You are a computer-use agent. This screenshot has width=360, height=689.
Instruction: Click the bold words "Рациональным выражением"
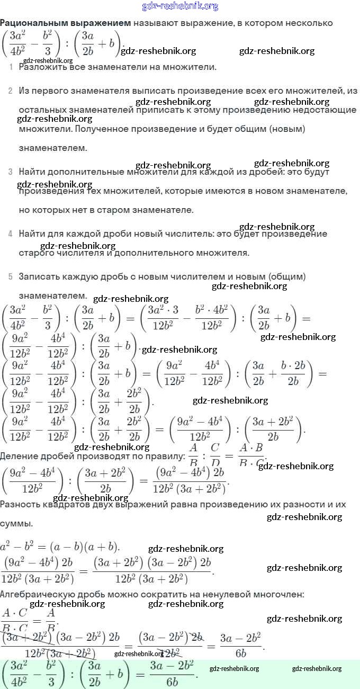(x=65, y=23)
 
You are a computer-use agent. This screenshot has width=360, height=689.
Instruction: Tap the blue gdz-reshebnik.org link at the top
(x=180, y=6)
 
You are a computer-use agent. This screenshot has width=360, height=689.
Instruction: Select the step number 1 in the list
(x=11, y=67)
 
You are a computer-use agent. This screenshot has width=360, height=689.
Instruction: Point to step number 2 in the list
(x=10, y=91)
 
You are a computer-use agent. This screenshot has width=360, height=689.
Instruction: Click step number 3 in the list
(x=10, y=172)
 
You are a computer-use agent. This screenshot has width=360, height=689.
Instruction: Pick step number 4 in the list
(x=10, y=234)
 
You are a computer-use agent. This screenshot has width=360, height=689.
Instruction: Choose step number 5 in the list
(x=10, y=276)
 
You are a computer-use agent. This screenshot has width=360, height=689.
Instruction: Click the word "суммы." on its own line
(x=16, y=524)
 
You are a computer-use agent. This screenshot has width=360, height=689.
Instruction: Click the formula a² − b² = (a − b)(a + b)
(x=60, y=547)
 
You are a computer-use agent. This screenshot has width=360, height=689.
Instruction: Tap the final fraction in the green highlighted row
(x=172, y=673)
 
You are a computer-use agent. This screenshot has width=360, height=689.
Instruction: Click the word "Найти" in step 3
(x=31, y=172)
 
